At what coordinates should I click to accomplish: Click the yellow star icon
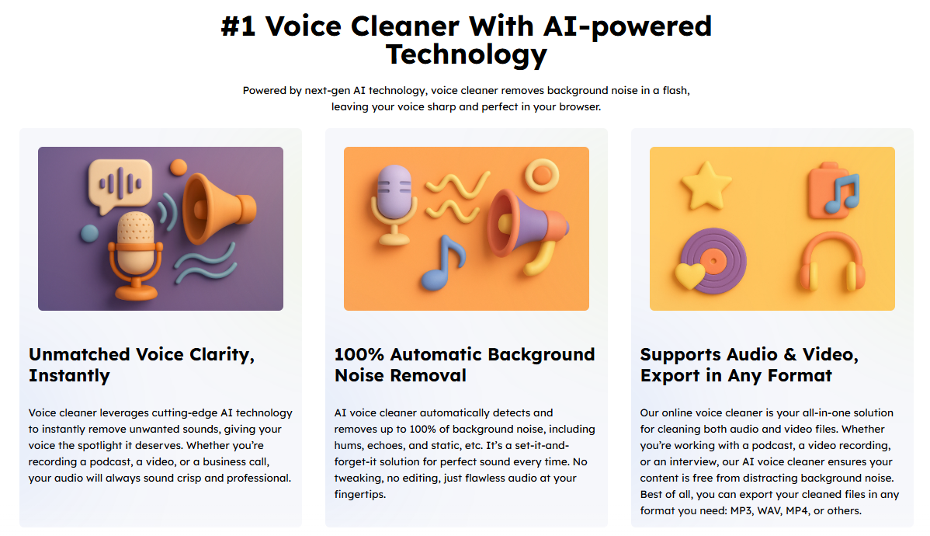click(706, 185)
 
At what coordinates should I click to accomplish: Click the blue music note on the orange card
click(443, 263)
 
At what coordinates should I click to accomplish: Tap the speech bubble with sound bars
click(120, 185)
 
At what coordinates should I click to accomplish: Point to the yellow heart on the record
click(690, 276)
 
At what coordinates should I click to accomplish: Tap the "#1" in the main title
click(238, 26)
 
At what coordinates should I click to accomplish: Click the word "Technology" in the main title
click(467, 54)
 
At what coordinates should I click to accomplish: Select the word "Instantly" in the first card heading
click(69, 376)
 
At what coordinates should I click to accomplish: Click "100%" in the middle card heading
click(359, 354)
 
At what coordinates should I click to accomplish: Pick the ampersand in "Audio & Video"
click(789, 354)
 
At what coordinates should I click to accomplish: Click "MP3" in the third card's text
click(739, 510)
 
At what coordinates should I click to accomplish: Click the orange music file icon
click(834, 190)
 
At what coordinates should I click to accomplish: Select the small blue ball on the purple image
click(89, 234)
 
